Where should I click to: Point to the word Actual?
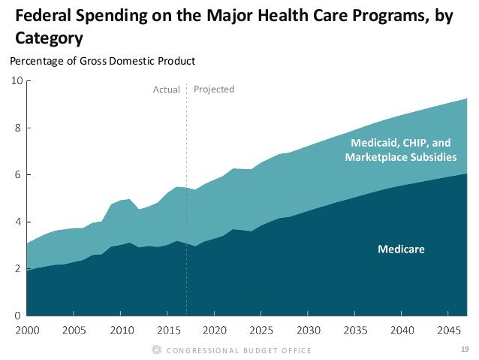(x=167, y=89)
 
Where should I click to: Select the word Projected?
(x=214, y=89)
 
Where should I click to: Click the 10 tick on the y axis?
(x=16, y=80)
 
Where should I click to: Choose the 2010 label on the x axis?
(x=120, y=330)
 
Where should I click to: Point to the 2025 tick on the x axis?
(x=261, y=330)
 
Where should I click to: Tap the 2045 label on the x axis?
(x=448, y=330)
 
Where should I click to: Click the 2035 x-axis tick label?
(x=354, y=330)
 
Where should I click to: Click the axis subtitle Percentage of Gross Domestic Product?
(x=101, y=61)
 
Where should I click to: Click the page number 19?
(x=465, y=349)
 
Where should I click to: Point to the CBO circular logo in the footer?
(x=156, y=349)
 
